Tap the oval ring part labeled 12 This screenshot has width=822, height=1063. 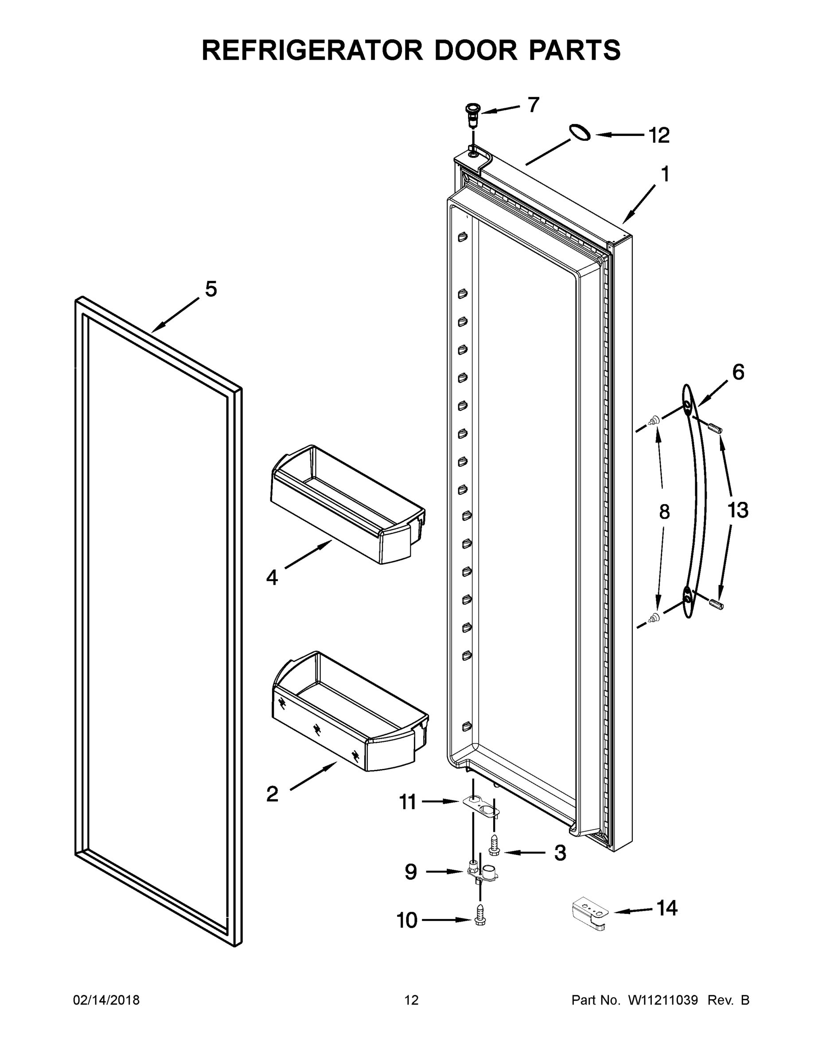(580, 132)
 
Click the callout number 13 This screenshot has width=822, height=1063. (737, 510)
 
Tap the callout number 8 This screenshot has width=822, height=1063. (664, 512)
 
